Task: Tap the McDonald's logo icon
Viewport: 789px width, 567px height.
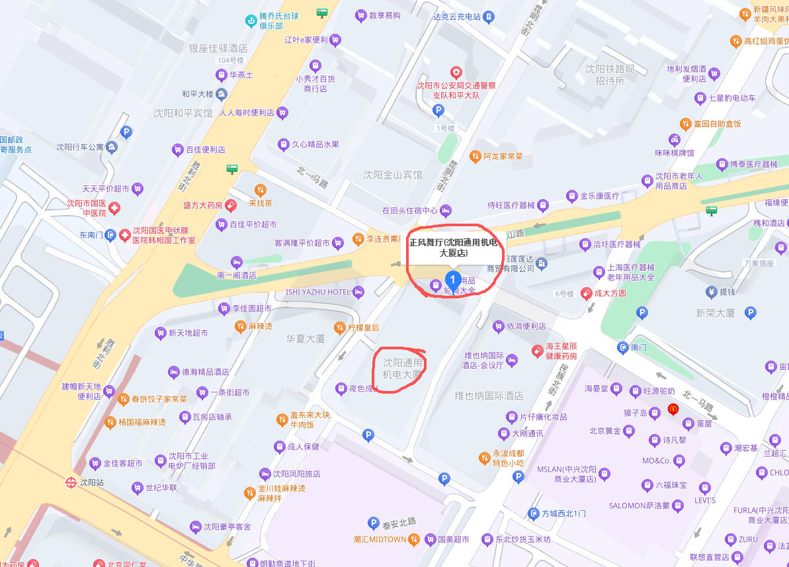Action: click(674, 409)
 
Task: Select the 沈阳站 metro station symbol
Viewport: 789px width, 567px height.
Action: click(70, 482)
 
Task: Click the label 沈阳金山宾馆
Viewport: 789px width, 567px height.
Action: click(392, 175)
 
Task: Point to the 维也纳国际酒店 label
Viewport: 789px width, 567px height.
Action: click(489, 396)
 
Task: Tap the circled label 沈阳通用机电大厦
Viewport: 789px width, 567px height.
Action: click(402, 369)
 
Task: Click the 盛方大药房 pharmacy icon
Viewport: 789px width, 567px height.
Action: click(231, 205)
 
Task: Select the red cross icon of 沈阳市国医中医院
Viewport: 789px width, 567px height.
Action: click(115, 208)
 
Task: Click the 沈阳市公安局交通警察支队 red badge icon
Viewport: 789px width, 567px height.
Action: click(456, 72)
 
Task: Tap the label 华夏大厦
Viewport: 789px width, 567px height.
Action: click(306, 339)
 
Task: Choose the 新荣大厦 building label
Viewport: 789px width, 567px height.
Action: click(715, 313)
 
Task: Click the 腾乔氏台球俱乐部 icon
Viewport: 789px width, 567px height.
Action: click(251, 21)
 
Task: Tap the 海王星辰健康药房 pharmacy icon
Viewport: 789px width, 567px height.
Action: click(538, 351)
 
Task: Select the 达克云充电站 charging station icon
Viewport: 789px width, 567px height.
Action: click(487, 16)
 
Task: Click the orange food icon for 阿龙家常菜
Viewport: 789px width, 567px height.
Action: click(474, 157)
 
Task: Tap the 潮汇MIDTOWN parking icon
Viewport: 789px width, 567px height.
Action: click(373, 523)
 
